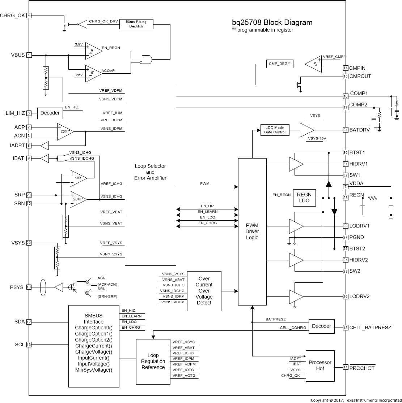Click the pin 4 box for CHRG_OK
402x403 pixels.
[29, 16]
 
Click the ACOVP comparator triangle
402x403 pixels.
[92, 71]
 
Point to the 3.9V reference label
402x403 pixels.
[79, 44]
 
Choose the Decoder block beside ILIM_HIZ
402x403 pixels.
[50, 113]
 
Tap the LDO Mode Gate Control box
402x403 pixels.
[275, 130]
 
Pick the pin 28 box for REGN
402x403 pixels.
[346, 198]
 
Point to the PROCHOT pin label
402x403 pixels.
[362, 368]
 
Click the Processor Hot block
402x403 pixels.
[320, 365]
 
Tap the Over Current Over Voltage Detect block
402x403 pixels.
[204, 291]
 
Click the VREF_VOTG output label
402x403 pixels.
[184, 376]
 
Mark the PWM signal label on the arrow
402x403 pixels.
[204, 184]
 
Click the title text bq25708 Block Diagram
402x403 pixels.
[272, 22]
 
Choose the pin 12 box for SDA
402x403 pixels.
[29, 322]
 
